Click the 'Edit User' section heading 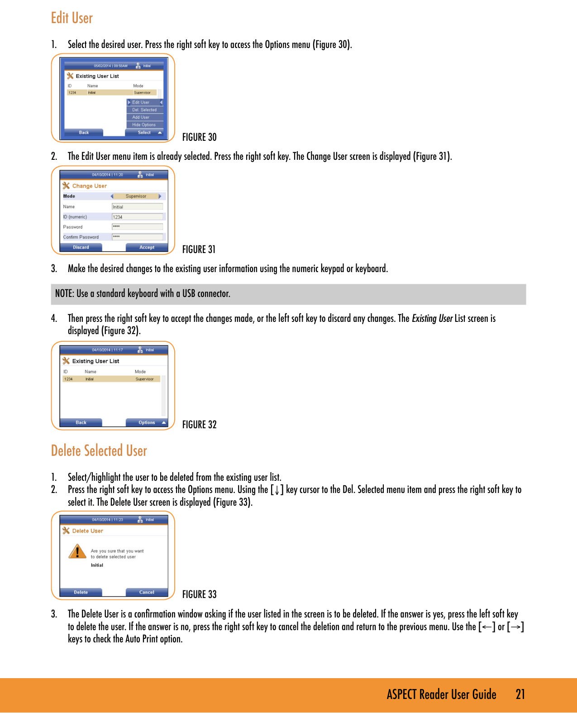(72, 18)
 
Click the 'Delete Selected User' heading (99, 451)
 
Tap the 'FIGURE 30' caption (199, 137)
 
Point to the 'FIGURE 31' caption (199, 249)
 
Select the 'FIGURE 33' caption (199, 594)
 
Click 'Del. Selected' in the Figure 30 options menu (144, 110)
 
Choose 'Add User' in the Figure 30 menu (141, 117)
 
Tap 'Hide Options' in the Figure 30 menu (144, 125)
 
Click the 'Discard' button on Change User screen (81, 248)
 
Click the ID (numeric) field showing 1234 (137, 217)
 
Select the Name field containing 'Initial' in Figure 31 (137, 207)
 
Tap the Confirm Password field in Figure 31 (137, 237)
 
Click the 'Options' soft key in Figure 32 (147, 423)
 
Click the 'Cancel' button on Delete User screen (147, 592)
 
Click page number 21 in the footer (520, 694)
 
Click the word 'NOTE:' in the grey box (64, 294)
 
